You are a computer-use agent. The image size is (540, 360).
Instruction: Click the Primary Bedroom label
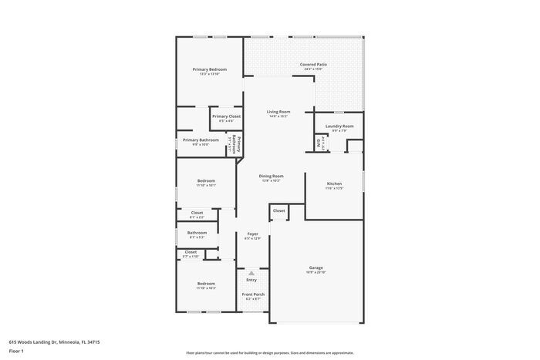(209, 69)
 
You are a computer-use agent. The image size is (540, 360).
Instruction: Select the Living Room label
(278, 112)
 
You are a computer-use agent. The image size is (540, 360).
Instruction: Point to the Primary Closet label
(226, 116)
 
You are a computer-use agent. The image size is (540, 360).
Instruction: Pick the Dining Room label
(271, 177)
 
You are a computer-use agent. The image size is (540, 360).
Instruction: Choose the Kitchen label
(334, 183)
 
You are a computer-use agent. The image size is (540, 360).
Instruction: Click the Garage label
(316, 268)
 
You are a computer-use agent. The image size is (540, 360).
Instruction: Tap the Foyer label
(252, 234)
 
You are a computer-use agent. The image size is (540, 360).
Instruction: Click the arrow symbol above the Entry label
(251, 273)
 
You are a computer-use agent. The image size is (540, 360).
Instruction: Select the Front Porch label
(253, 294)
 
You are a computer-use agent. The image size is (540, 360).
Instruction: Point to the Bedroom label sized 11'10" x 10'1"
(206, 181)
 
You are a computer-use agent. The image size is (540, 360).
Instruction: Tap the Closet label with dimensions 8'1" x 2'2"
(197, 213)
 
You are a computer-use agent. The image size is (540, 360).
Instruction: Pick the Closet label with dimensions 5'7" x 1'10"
(191, 252)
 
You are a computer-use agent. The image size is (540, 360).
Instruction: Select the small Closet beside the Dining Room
(278, 210)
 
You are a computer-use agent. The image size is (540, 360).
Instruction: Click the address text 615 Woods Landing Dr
(54, 341)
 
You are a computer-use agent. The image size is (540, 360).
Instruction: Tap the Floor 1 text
(16, 351)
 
